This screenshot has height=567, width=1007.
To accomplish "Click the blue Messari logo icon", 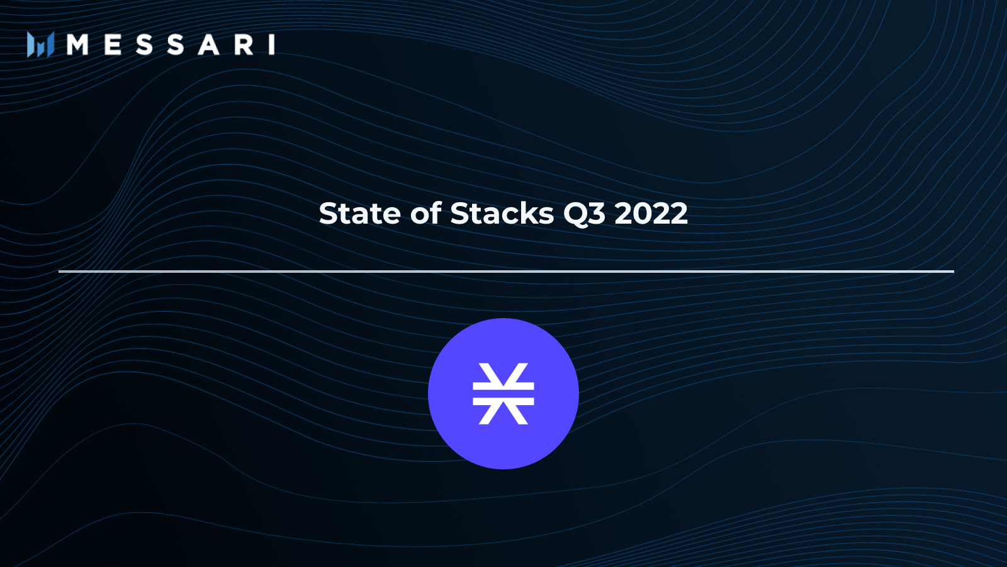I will tap(40, 45).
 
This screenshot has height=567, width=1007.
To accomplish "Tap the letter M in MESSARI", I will tap(77, 45).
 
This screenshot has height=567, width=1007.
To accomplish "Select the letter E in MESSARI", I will tap(113, 45).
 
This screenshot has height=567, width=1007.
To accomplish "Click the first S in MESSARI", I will tap(144, 45).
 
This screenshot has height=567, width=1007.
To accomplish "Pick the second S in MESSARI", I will tap(176, 45).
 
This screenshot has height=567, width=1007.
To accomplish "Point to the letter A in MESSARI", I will tap(208, 45).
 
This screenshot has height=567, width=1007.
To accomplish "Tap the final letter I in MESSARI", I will tap(272, 45).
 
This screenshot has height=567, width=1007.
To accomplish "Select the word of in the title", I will tap(426, 214).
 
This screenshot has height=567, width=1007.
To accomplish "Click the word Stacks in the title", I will tap(502, 214).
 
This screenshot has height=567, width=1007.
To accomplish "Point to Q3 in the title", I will tap(584, 214).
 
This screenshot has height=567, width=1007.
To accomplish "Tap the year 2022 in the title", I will tap(651, 214).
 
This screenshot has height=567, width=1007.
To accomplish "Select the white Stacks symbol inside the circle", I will tap(503, 394).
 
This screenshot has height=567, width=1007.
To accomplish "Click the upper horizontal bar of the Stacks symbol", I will tap(503, 386).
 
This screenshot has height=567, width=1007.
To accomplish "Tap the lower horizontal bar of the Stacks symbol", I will tap(503, 401).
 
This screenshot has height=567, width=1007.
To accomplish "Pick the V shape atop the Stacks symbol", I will tap(503, 372).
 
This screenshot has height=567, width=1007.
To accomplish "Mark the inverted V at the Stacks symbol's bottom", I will tap(503, 415).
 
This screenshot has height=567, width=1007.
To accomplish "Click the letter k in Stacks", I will tap(531, 214).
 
